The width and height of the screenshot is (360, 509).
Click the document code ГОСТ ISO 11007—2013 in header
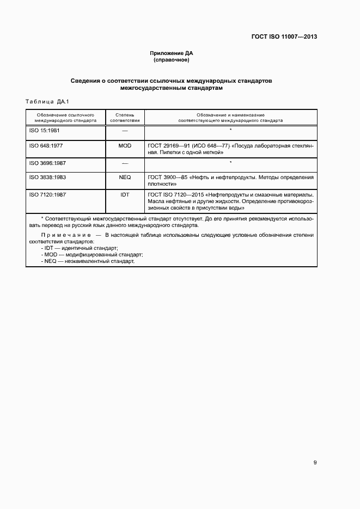(x=284, y=37)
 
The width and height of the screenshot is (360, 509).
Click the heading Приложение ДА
(x=172, y=53)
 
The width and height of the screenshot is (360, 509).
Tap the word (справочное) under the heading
(x=172, y=60)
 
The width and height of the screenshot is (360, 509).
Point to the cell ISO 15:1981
(x=44, y=131)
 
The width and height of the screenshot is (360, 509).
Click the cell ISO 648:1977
(x=46, y=146)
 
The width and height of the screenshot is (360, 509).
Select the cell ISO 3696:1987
(x=47, y=163)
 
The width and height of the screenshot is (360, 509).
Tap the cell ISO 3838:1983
(x=47, y=177)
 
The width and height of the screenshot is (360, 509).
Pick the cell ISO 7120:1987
(x=47, y=194)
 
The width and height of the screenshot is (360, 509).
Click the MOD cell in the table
(x=125, y=146)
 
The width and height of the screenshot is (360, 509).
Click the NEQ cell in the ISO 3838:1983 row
(x=125, y=177)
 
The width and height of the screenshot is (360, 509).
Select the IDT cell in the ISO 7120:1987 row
(x=125, y=194)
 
